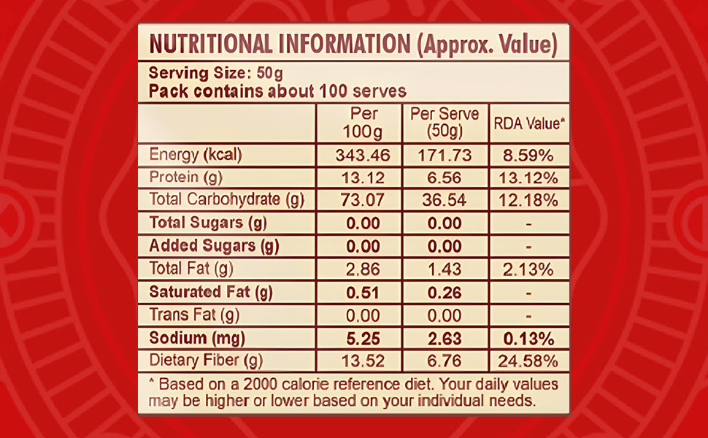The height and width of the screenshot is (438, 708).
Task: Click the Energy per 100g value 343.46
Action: [358, 155]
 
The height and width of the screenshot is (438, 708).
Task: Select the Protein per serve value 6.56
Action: [445, 177]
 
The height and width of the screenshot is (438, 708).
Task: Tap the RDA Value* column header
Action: [529, 123]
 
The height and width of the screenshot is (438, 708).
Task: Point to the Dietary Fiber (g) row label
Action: [206, 361]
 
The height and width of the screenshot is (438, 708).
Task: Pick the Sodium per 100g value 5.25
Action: [358, 338]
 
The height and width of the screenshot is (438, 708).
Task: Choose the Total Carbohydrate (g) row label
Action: [226, 199]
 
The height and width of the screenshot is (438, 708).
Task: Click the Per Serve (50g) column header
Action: [445, 123]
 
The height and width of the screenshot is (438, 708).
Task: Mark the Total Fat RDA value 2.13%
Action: [529, 269]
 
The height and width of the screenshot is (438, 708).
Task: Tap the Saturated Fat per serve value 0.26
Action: [445, 293]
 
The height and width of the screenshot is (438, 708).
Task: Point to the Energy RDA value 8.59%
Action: [529, 155]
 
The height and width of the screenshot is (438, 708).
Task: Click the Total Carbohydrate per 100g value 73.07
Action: [358, 199]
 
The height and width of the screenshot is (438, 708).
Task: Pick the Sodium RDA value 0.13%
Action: [529, 338]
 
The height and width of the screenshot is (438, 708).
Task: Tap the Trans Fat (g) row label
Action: [194, 315]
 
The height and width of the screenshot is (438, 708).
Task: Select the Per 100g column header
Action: [358, 123]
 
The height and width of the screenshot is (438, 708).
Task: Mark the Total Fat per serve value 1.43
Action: [445, 269]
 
